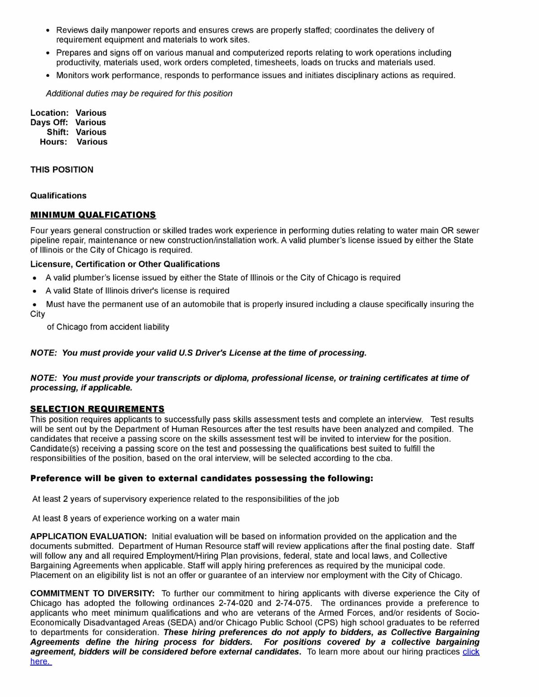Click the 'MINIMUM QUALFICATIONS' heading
93,215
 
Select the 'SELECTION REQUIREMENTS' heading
97,409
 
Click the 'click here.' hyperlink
471,652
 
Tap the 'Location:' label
49,113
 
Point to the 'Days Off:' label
49,122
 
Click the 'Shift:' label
57,132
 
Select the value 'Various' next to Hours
92,142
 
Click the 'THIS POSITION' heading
62,170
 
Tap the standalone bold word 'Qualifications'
58,196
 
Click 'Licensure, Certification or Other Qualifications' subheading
125,264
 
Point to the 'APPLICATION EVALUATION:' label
88,536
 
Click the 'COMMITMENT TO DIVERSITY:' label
93,593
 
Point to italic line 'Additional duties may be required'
139,93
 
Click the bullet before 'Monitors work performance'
49,75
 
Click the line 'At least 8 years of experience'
136,518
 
